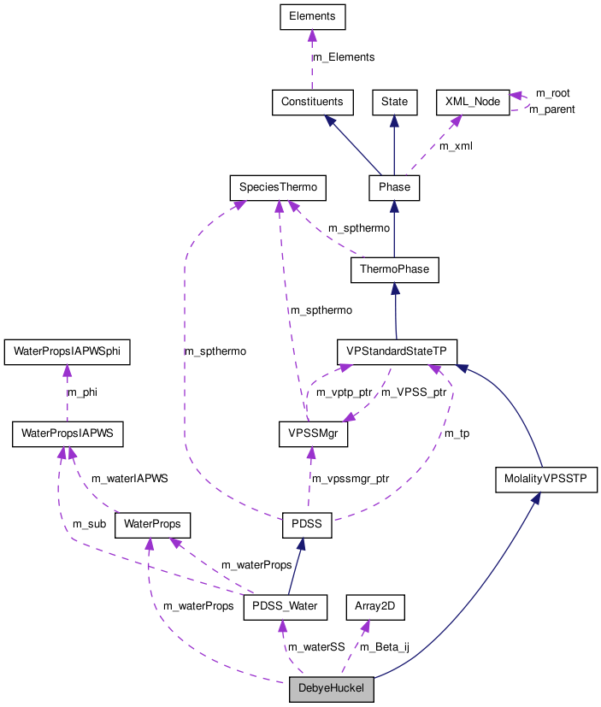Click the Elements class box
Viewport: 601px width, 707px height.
coord(312,16)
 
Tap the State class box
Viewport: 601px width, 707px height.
coord(394,101)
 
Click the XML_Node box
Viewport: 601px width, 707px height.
coord(473,101)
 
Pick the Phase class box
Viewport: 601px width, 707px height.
coord(394,186)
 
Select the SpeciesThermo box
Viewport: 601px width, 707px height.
coord(278,186)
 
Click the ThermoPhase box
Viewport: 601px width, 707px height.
coord(394,270)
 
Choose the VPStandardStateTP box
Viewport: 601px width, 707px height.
coord(396,351)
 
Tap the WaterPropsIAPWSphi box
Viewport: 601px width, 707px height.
coord(67,351)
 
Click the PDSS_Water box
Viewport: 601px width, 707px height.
coord(286,606)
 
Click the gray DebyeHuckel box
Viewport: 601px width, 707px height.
coord(331,689)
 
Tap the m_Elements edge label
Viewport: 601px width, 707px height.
coord(344,57)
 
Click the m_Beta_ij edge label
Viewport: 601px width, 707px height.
coord(385,647)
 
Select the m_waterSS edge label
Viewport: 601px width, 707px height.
coord(315,647)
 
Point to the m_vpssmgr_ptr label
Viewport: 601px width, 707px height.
coord(350,479)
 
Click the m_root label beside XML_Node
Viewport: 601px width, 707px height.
coord(552,92)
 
